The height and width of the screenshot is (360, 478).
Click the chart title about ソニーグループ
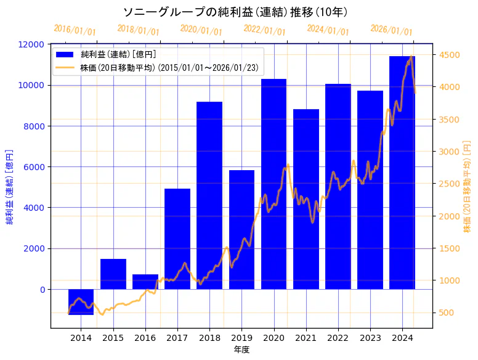click(239, 12)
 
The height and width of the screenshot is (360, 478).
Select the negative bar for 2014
click(81, 301)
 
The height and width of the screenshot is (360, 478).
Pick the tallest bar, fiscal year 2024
click(402, 173)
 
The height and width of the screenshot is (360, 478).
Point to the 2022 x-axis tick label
click(338, 338)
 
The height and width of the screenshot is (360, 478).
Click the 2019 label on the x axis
click(241, 338)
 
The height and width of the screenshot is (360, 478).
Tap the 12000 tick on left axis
click(31, 44)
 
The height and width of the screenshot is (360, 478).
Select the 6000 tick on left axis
click(34, 167)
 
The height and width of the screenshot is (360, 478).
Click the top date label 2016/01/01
click(75, 30)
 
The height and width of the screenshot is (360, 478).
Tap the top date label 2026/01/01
click(391, 30)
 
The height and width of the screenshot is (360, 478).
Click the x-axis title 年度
click(241, 350)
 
